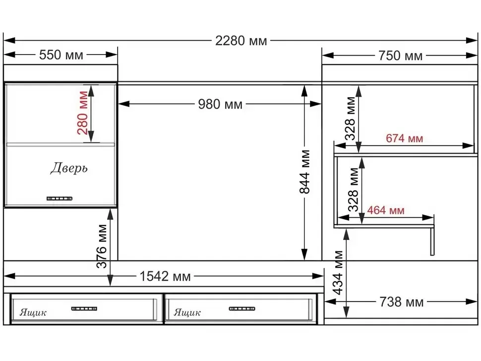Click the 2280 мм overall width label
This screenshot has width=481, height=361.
241,41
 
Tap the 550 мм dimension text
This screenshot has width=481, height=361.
61,55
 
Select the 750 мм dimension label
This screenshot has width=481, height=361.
400,56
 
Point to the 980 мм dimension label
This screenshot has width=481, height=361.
220,104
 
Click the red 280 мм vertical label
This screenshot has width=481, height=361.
83,113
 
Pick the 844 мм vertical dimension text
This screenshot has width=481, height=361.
304,172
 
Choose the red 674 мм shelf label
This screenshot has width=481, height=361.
404,138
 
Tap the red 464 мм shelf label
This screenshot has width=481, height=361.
386,210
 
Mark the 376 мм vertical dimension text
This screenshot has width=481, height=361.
102,246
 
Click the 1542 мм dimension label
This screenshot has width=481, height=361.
165,276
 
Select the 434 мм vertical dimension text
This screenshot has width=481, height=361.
338,273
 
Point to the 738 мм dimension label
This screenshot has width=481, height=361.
402,302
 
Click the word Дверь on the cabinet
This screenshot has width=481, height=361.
69,168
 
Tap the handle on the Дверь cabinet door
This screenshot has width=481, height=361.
60,198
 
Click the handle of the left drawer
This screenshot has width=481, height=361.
84,308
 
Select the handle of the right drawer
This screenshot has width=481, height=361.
242,308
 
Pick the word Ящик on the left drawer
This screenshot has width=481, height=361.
33,312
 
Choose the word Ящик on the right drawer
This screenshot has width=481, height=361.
187,312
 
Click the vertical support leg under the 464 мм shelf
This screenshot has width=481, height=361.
432,241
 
